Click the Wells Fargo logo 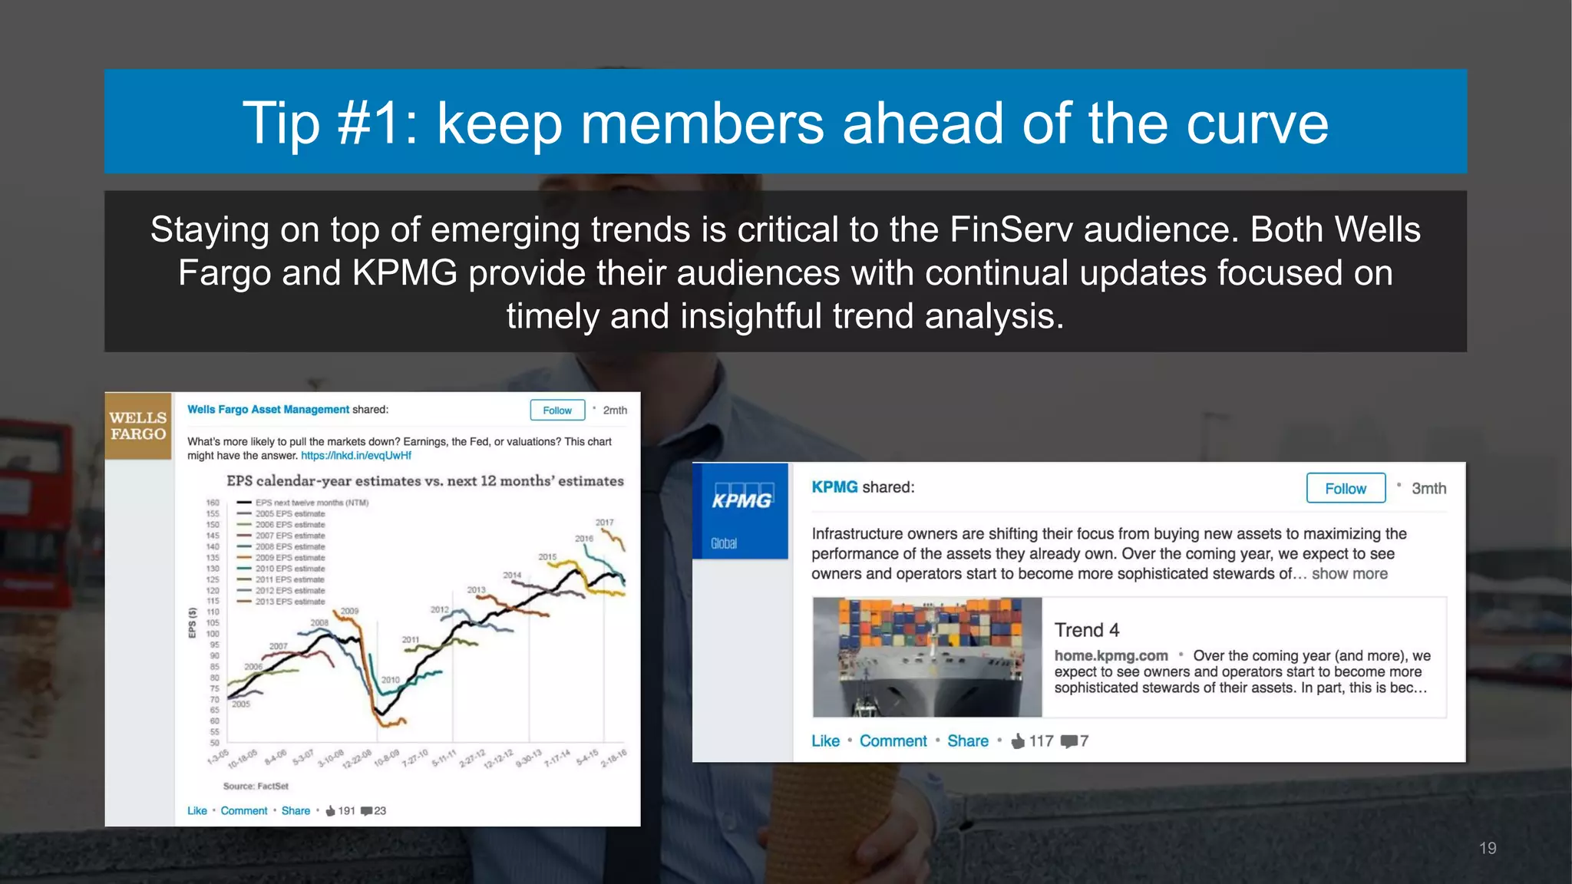pos(138,426)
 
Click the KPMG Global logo pos(740,511)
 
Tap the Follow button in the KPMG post pos(1346,488)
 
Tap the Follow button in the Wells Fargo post pos(557,411)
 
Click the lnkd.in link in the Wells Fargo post pos(356,456)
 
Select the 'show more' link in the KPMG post pos(1349,574)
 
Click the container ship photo pos(927,657)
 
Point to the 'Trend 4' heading pos(1086,630)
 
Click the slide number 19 pos(1487,848)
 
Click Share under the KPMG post pos(967,741)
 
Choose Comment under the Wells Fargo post pos(244,811)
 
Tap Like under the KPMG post pos(825,741)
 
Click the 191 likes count pos(346,811)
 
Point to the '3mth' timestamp pos(1428,489)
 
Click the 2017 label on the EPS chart pos(605,523)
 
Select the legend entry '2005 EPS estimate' pos(289,514)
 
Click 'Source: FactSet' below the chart pos(256,787)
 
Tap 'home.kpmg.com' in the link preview pos(1111,656)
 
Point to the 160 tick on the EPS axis pos(213,503)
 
